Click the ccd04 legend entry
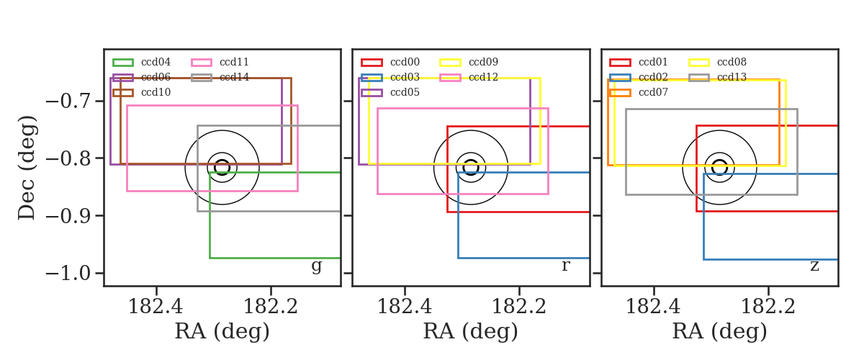click(142, 62)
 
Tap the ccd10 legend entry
click(142, 92)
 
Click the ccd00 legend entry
click(390, 62)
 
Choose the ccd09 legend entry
click(469, 62)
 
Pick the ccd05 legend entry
click(390, 92)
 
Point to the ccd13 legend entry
click(717, 77)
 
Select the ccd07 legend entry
click(639, 92)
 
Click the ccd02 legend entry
click(639, 77)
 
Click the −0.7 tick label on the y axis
click(69, 102)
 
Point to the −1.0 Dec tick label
click(69, 274)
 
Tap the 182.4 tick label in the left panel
click(156, 307)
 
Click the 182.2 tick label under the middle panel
click(519, 307)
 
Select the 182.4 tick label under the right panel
click(653, 307)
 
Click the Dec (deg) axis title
click(27, 168)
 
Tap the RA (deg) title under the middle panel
click(471, 331)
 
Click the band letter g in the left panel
click(316, 266)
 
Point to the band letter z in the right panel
click(814, 266)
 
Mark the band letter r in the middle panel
click(565, 266)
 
